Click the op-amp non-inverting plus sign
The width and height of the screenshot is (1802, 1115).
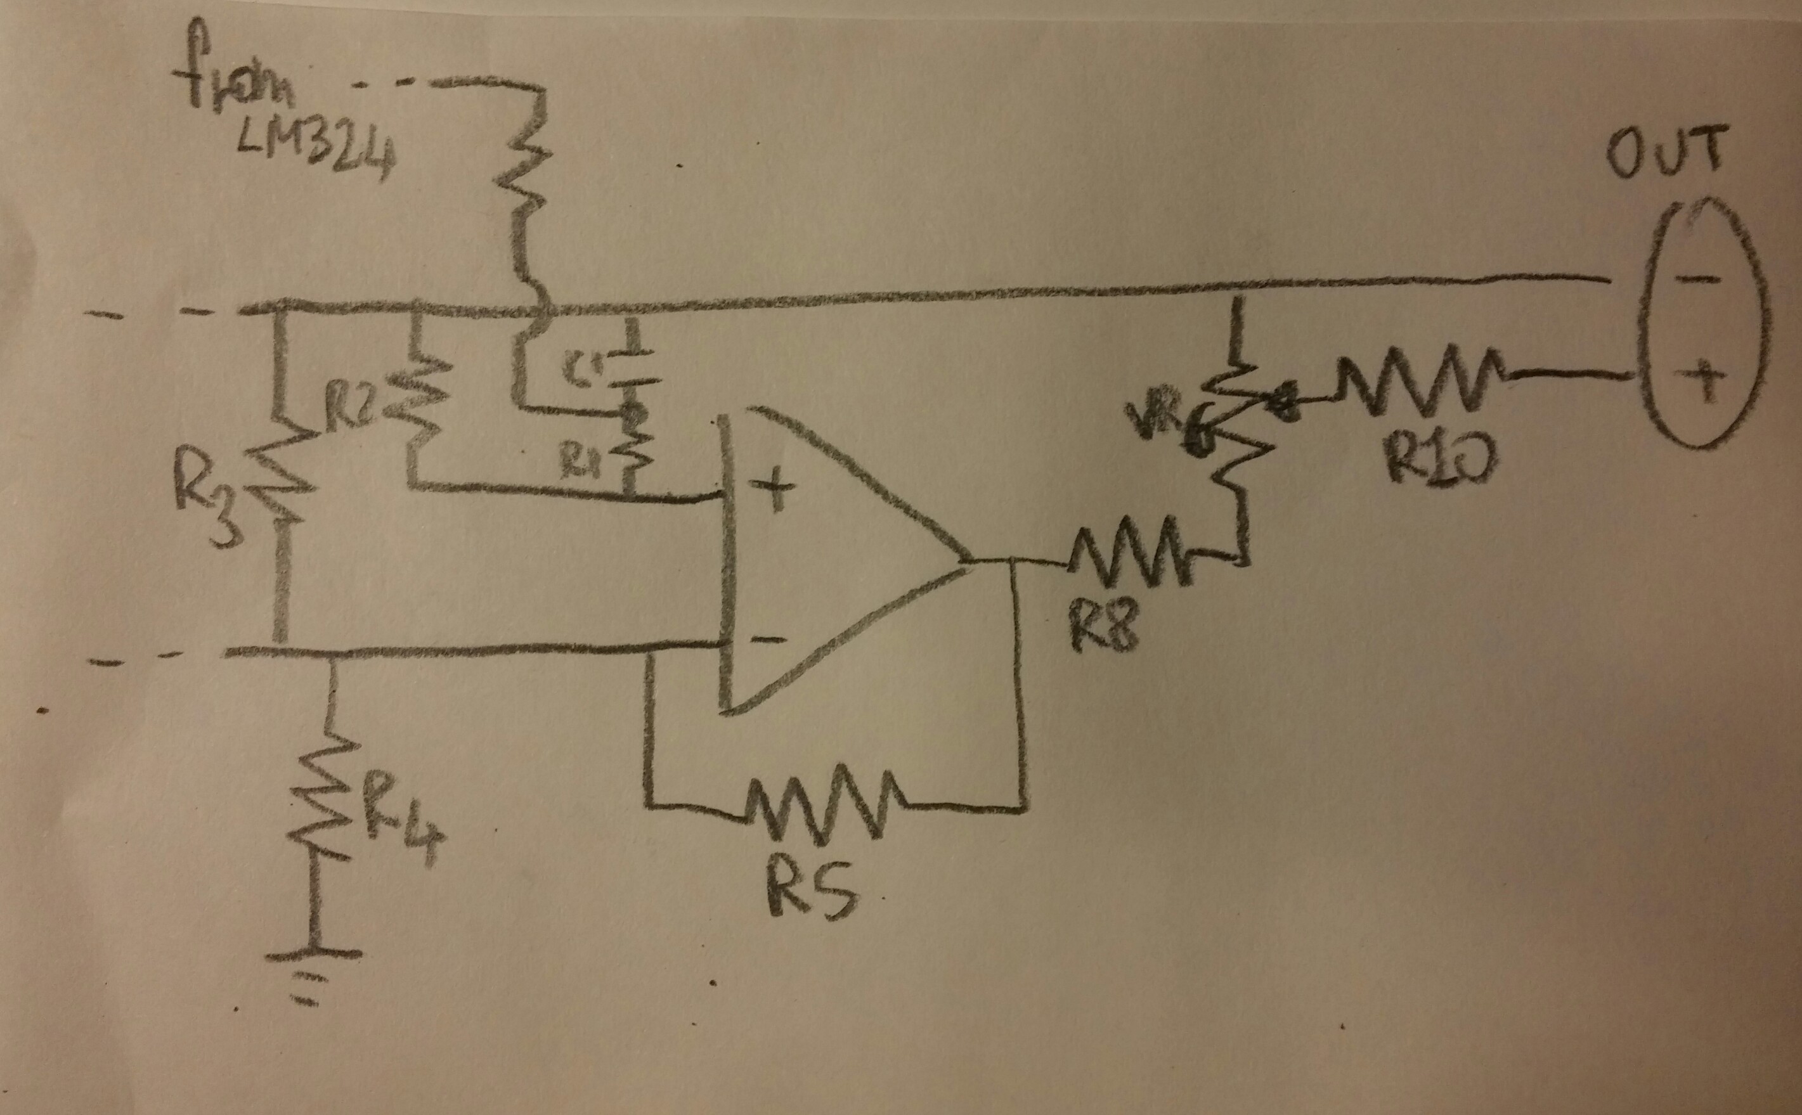(773, 496)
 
